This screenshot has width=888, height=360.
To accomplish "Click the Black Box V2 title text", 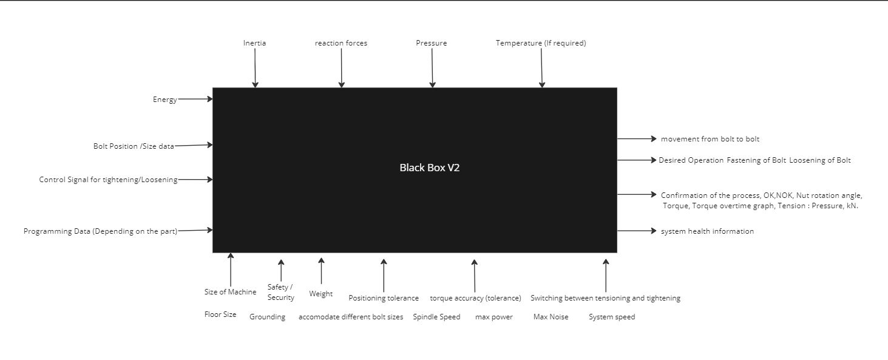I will [429, 168].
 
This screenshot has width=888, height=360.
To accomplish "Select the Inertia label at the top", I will [254, 43].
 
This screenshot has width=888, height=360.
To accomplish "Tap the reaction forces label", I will [341, 43].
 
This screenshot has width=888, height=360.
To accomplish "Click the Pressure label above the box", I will [431, 43].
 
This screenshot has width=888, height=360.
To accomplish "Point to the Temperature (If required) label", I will [540, 43].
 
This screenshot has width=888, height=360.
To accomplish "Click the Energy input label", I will [164, 100].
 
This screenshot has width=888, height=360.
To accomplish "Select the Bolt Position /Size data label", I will [134, 146].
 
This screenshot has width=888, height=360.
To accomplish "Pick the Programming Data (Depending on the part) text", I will [100, 231].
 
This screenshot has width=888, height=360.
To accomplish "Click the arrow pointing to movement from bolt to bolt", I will [637, 139].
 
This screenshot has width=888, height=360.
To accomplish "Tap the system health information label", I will [707, 231].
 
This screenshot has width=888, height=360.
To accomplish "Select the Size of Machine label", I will [230, 292].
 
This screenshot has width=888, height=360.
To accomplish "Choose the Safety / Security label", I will [280, 292].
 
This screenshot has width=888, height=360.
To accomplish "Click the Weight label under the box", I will [320, 294].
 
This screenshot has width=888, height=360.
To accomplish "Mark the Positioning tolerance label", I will [383, 298].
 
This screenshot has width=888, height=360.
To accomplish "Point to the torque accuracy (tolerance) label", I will [475, 298].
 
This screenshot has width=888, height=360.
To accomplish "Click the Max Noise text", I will [551, 317].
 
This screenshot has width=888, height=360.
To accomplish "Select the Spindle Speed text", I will [436, 317].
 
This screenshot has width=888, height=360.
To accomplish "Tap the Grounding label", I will [267, 317].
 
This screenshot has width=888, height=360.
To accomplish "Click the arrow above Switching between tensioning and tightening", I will [605, 276].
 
